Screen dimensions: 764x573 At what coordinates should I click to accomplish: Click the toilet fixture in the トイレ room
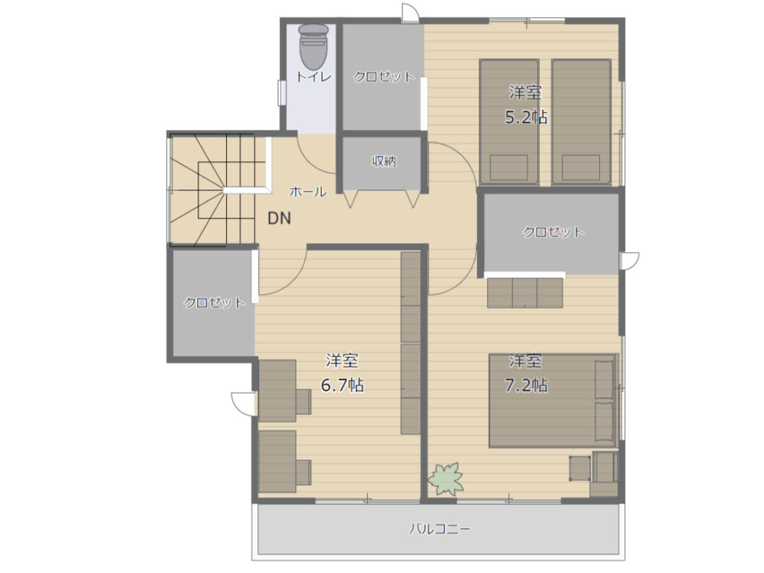tap(313, 46)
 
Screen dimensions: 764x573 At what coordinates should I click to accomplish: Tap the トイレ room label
tap(314, 77)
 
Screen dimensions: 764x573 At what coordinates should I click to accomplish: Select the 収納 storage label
tap(384, 161)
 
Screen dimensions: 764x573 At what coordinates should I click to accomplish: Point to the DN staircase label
tap(280, 218)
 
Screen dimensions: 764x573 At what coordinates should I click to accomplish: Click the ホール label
tap(308, 192)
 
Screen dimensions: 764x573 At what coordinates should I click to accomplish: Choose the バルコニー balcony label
tap(439, 529)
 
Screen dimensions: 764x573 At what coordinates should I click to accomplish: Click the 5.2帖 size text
tap(526, 117)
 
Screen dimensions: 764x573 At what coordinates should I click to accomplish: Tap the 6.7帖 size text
tap(342, 385)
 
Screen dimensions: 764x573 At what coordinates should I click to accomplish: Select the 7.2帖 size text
tap(526, 385)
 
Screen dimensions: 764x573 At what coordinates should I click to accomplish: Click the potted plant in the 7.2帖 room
tap(446, 479)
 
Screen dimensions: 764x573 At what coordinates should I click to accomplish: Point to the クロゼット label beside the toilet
tap(384, 77)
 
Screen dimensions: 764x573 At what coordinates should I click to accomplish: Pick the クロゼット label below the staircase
tap(214, 303)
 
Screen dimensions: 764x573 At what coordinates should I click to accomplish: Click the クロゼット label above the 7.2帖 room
tap(553, 231)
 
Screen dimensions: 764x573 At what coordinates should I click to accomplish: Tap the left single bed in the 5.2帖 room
tap(509, 122)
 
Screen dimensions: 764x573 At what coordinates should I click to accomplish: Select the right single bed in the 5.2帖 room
tap(581, 122)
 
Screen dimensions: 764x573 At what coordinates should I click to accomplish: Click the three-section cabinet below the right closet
tap(525, 292)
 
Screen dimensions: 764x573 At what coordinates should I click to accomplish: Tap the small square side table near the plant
tap(580, 469)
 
